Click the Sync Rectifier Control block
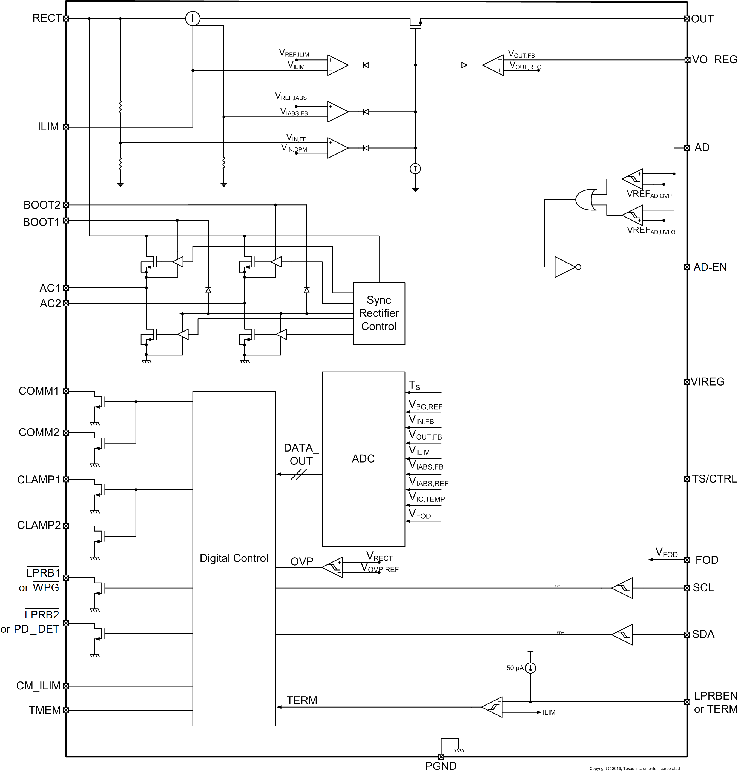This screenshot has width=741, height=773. click(x=378, y=313)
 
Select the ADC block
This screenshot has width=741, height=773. click(x=363, y=459)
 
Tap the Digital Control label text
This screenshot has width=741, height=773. click(x=234, y=558)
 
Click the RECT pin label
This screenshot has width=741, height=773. click(x=47, y=18)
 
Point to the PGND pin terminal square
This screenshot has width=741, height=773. click(x=441, y=757)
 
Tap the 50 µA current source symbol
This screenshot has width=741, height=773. click(x=530, y=668)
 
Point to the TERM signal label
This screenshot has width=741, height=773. click(x=301, y=700)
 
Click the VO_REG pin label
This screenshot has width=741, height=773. click(x=714, y=59)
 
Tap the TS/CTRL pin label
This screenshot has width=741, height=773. click(x=714, y=479)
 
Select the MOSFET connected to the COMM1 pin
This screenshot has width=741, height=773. click(x=99, y=401)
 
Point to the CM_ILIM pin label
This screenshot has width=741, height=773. click(x=38, y=686)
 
